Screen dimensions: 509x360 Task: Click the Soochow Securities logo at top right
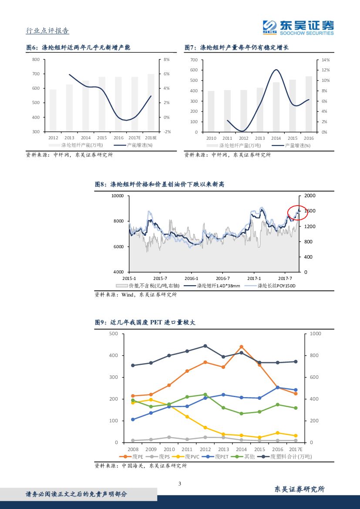298,27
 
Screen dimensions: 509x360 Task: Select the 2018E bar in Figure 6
151,103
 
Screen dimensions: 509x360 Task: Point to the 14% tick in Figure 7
326,60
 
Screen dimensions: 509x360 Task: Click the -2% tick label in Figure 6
167,131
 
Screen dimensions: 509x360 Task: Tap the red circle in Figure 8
297,212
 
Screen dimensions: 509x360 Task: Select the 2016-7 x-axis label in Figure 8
222,278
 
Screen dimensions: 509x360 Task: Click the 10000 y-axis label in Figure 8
118,196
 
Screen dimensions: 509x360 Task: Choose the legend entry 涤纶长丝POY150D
276,286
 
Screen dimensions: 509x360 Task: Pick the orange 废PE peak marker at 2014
241,347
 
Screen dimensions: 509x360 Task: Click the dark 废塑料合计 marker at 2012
205,346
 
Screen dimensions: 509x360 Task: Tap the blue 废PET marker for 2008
133,420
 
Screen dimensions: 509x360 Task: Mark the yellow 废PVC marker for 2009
151,400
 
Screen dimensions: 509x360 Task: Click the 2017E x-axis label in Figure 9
295,449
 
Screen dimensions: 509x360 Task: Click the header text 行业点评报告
47,30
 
